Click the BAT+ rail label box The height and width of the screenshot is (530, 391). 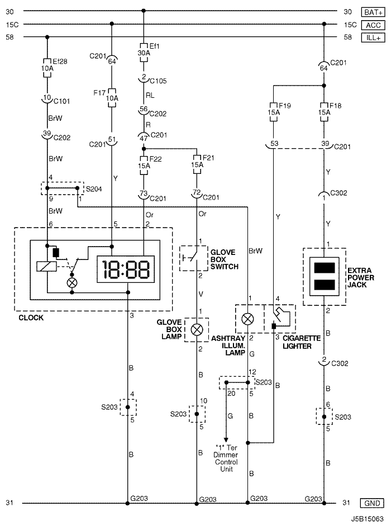click(x=373, y=12)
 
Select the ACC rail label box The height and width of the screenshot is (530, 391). click(x=373, y=25)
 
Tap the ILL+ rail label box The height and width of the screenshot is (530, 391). click(x=373, y=37)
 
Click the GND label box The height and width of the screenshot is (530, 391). click(x=372, y=503)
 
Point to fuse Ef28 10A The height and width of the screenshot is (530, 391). click(x=47, y=68)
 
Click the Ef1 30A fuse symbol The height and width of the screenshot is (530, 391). click(x=144, y=53)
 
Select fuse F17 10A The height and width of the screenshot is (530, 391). click(x=112, y=98)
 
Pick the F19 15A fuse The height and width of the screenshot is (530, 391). click(x=274, y=112)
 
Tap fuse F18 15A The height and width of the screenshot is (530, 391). click(x=324, y=112)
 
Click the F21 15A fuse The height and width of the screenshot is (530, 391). click(x=197, y=164)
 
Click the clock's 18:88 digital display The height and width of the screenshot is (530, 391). click(x=126, y=269)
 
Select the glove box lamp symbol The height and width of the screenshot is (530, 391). click(x=197, y=329)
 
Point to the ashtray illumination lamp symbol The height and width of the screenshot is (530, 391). click(x=248, y=319)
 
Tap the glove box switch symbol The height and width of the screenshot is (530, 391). click(x=193, y=258)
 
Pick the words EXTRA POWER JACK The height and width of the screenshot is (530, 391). click(x=361, y=277)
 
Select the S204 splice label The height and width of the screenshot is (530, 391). click(x=94, y=189)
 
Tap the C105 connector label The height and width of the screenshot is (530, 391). click(x=158, y=81)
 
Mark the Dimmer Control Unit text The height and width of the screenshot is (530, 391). click(x=226, y=462)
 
